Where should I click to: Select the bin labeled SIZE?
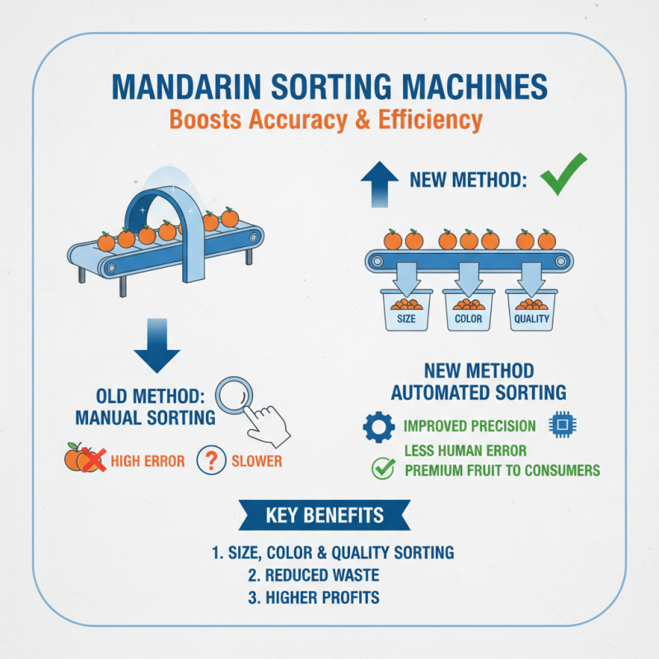pyautogui.click(x=405, y=311)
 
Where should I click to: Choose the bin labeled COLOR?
pyautogui.click(x=469, y=311)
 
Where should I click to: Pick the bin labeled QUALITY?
pyautogui.click(x=531, y=311)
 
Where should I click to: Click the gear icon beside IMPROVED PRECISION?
pyautogui.click(x=379, y=426)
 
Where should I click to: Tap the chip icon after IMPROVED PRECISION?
pyautogui.click(x=562, y=426)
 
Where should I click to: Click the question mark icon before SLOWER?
pyautogui.click(x=212, y=460)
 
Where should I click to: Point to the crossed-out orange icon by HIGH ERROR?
pyautogui.click(x=86, y=459)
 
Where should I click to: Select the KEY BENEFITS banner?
pyautogui.click(x=325, y=516)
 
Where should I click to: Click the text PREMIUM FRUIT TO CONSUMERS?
pyautogui.click(x=502, y=471)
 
